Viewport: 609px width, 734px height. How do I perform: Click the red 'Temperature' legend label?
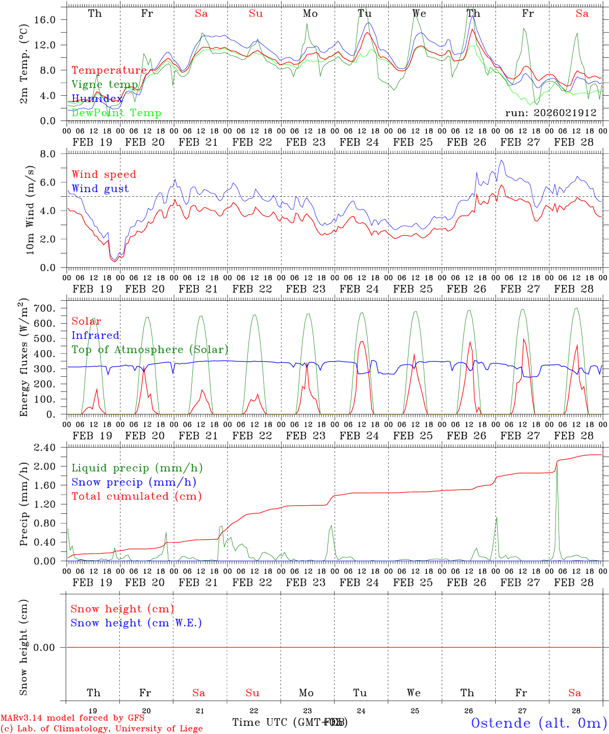(109, 70)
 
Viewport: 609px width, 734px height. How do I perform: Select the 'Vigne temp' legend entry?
(105, 85)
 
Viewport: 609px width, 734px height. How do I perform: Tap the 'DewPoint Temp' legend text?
(116, 113)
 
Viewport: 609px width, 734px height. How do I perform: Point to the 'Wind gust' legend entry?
(100, 189)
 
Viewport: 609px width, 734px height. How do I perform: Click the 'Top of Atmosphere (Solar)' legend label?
(150, 350)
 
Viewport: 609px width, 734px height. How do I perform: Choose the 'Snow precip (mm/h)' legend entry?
(134, 482)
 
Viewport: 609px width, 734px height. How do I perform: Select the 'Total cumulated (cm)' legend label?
(136, 496)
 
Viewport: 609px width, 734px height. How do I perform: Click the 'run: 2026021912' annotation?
(550, 113)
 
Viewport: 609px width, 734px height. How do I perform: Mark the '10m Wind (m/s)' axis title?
(30, 210)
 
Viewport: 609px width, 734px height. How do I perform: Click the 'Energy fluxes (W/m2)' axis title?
(24, 358)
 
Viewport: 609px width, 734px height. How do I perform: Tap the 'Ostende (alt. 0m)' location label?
(539, 723)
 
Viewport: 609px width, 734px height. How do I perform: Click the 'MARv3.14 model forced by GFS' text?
(72, 718)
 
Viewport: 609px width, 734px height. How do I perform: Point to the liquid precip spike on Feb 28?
(556, 466)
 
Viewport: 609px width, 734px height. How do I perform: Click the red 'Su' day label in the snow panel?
(252, 693)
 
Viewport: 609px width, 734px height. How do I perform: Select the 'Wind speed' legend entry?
(104, 174)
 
